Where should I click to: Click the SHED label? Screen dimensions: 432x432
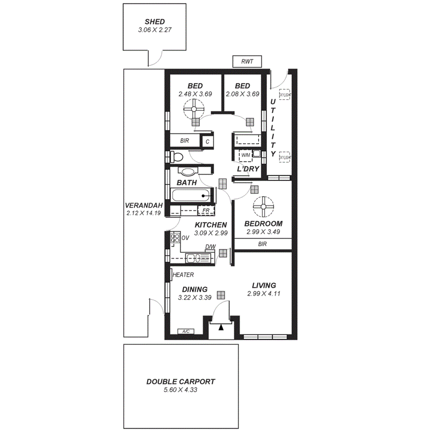(155, 22)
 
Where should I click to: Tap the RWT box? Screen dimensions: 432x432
(247, 62)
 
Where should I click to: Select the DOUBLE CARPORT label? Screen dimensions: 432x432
(181, 382)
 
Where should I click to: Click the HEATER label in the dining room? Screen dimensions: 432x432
(183, 275)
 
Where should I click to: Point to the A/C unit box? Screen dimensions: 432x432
(186, 331)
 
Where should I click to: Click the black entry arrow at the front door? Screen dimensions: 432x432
(221, 327)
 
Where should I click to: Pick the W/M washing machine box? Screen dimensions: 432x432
(246, 154)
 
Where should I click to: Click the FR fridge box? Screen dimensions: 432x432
(206, 211)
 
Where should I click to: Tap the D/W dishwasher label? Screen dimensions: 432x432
(210, 247)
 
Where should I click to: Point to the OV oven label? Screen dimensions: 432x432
(185, 238)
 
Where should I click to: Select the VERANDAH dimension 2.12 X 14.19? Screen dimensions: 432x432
(144, 213)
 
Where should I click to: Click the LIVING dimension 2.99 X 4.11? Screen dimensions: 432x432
(264, 293)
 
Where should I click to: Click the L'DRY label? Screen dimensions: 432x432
(248, 169)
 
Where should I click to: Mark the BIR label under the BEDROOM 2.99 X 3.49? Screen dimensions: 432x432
(262, 244)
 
